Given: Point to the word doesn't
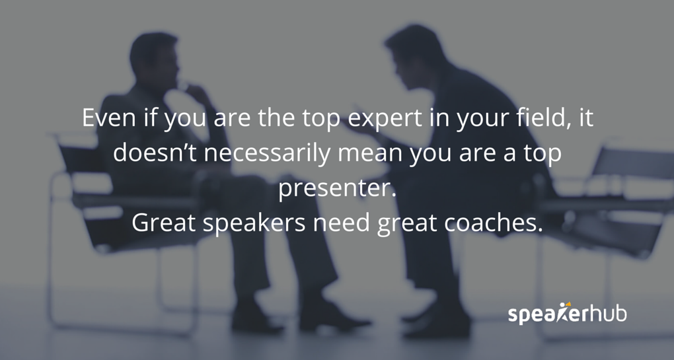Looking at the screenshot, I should tap(156, 153).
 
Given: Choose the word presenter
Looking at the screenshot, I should tap(336, 189).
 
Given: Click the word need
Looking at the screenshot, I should tap(342, 223).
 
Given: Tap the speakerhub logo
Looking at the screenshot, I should tap(567, 312).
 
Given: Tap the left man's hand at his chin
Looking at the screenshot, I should tap(192, 90).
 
